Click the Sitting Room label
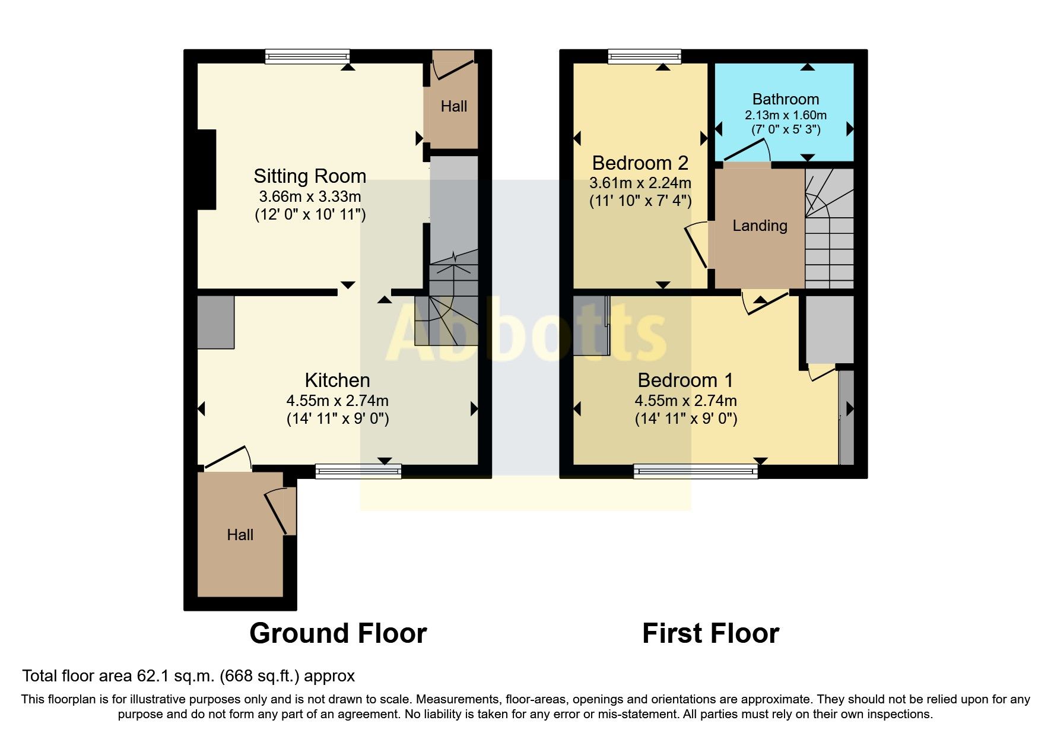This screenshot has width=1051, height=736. pyautogui.click(x=310, y=176)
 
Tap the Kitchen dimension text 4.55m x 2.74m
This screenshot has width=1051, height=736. pyautogui.click(x=337, y=401)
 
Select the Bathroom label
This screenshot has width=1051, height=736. pyautogui.click(x=785, y=99)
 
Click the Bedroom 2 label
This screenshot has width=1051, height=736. pyautogui.click(x=640, y=163)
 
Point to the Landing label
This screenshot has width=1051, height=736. pyautogui.click(x=760, y=226)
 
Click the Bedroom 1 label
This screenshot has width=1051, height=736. pyautogui.click(x=685, y=380)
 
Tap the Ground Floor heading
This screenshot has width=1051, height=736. pyautogui.click(x=338, y=633)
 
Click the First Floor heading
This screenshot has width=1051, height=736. pyautogui.click(x=710, y=633)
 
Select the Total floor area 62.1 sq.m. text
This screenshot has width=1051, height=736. pyautogui.click(x=188, y=676)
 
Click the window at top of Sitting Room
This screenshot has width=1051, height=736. pyautogui.click(x=307, y=56)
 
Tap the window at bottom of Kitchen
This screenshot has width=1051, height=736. pyautogui.click(x=358, y=472)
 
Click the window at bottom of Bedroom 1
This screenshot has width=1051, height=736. pyautogui.click(x=696, y=472)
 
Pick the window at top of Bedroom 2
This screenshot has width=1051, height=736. pyautogui.click(x=644, y=56)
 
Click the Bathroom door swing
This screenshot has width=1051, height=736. pyautogui.click(x=747, y=151)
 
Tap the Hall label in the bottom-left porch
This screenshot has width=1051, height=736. pyautogui.click(x=240, y=535)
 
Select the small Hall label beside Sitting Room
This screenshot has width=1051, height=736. pyautogui.click(x=453, y=106)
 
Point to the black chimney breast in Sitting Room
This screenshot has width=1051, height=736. pyautogui.click(x=207, y=169)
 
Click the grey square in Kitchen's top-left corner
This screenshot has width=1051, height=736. pyautogui.click(x=215, y=322)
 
